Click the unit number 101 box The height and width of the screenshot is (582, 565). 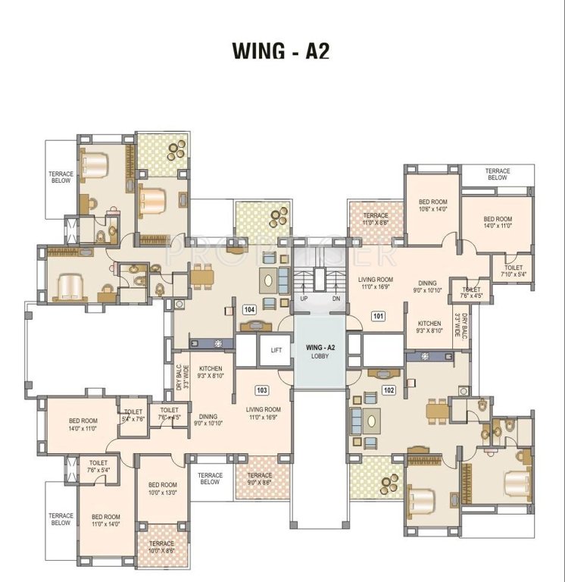click(x=376, y=315)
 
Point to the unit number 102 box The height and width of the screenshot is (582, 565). click(x=389, y=390)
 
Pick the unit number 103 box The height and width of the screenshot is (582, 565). click(x=262, y=390)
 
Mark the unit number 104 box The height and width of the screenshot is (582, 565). click(x=248, y=310)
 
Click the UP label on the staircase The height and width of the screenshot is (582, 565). click(x=304, y=299)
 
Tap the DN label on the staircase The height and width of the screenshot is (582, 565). click(x=336, y=299)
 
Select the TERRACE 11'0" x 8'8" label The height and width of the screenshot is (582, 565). click(x=375, y=219)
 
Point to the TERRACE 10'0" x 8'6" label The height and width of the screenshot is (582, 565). click(x=161, y=547)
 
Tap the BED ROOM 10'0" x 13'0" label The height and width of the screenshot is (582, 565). click(x=162, y=489)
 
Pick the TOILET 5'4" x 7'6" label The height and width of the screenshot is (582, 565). click(x=133, y=415)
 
